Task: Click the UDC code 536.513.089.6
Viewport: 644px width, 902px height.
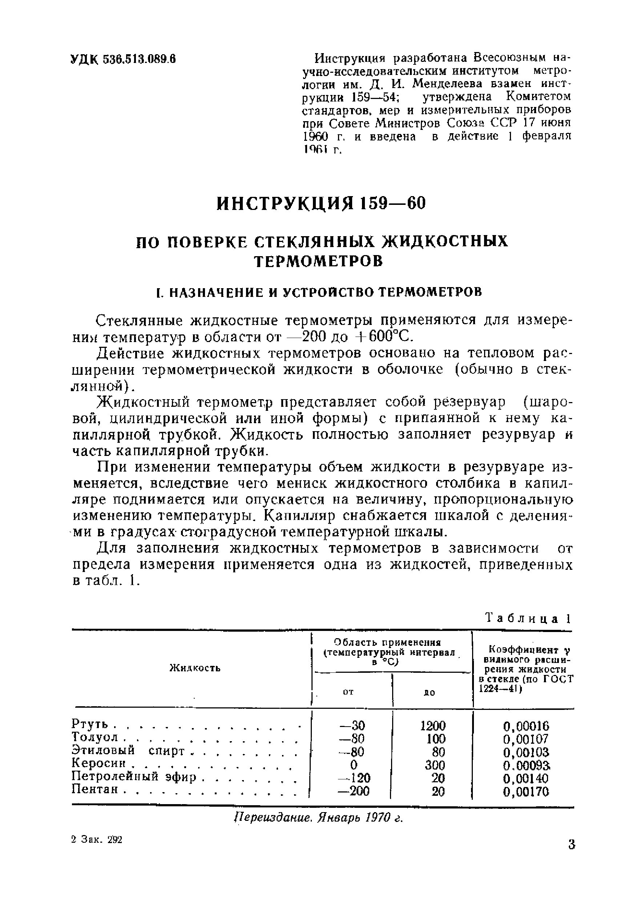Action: click(139, 60)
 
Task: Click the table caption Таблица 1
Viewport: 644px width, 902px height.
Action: click(528, 619)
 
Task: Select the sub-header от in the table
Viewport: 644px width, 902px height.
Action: click(348, 692)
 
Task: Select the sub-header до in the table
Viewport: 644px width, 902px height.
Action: click(430, 692)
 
